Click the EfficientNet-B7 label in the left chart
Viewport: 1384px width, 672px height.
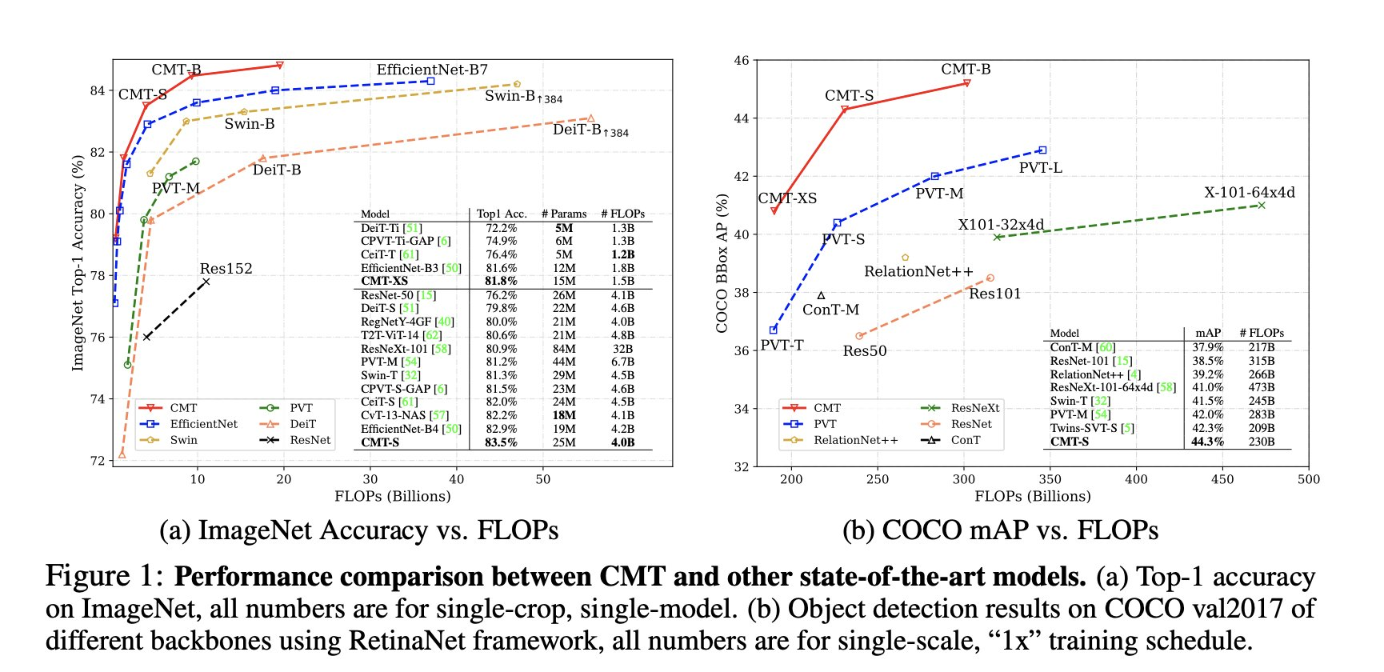pos(432,70)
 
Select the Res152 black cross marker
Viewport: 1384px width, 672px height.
pos(206,282)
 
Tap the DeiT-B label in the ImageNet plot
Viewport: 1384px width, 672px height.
pos(277,170)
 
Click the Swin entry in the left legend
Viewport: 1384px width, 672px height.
pos(183,440)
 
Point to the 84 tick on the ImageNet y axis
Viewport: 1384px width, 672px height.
pos(98,91)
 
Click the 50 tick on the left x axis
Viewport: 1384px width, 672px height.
pos(543,479)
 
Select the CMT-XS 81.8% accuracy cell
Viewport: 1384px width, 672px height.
pos(501,281)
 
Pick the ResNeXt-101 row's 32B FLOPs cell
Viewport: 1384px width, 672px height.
pos(622,349)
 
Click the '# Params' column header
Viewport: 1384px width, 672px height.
pos(564,214)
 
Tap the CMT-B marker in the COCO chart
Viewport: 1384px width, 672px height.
pos(967,83)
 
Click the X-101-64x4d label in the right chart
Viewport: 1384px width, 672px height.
pos(1249,193)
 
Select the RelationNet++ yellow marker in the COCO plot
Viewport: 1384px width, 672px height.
pos(906,258)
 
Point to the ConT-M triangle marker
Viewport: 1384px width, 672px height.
pos(821,295)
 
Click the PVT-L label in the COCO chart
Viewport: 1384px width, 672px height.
pos(1040,168)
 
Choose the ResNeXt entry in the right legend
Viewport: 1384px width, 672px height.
pos(975,408)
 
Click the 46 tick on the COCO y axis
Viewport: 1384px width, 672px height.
pos(742,61)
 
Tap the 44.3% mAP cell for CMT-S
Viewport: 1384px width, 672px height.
pos(1207,442)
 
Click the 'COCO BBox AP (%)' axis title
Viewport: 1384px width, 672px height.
pos(722,263)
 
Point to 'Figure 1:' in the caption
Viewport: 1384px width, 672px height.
pos(105,576)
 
